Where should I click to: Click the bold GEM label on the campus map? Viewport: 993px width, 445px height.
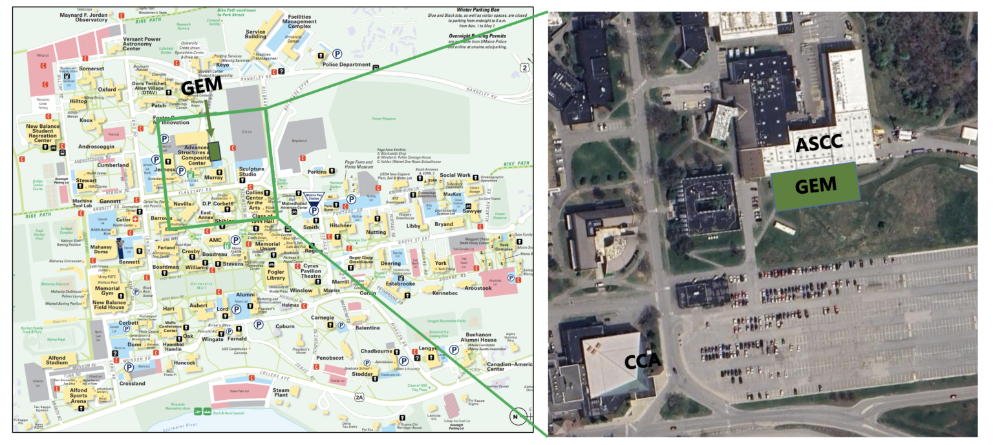coord(200,86)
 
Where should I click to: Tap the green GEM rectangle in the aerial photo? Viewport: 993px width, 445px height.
coord(815,186)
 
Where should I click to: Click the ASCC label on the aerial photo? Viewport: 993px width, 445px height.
coord(818,143)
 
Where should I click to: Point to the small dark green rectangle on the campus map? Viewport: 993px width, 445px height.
coord(215,150)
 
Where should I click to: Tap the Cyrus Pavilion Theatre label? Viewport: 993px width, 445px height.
coord(312,271)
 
